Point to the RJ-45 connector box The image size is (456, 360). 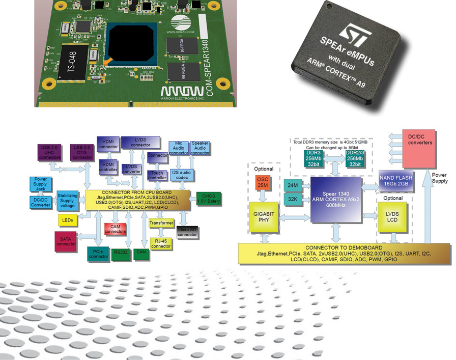(161, 242)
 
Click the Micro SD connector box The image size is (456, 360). (187, 231)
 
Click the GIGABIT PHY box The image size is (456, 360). (263, 216)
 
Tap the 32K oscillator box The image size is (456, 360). (292, 200)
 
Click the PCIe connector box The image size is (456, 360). (98, 253)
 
